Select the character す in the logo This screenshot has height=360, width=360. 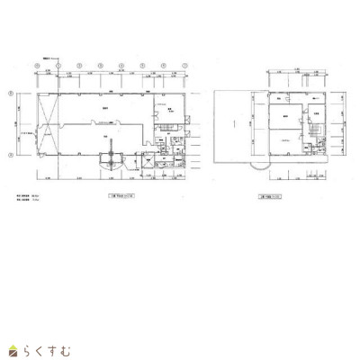(x=56, y=348)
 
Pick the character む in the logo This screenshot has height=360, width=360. (x=70, y=348)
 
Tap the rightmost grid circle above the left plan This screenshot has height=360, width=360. (x=183, y=66)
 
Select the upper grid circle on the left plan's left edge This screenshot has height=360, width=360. (x=9, y=94)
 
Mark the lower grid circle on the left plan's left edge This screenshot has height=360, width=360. (x=9, y=155)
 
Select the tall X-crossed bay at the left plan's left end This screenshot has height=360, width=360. (x=51, y=123)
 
